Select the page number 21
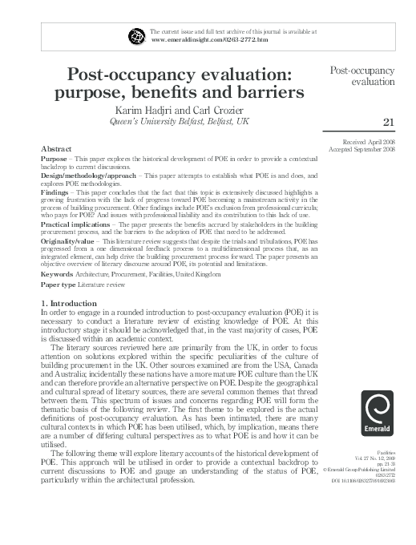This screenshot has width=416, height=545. point(390,122)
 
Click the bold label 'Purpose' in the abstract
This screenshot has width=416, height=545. point(55,159)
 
